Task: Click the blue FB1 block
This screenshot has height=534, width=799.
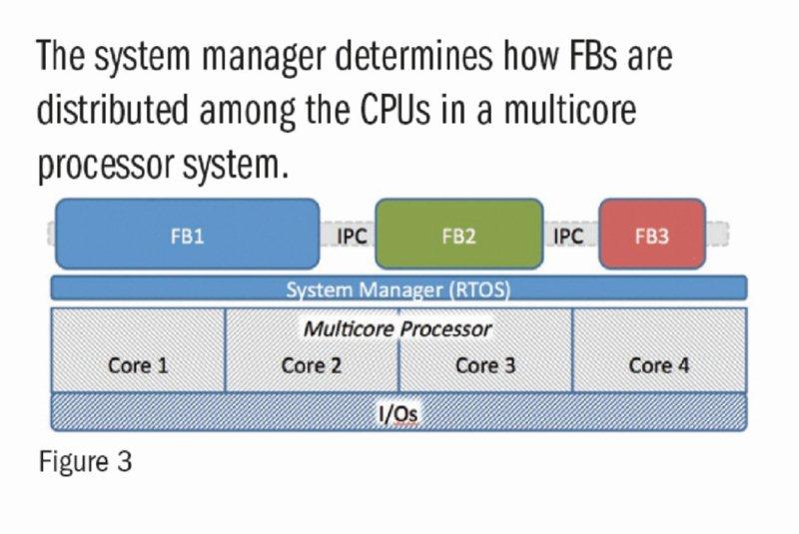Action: [x=187, y=235]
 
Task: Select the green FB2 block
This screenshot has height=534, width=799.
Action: [x=459, y=235]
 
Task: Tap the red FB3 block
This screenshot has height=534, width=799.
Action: [x=652, y=235]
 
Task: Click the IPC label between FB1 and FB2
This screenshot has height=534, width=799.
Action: [x=352, y=237]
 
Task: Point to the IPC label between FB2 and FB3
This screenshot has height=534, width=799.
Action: [x=568, y=237]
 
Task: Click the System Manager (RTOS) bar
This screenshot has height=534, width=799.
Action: [x=399, y=287]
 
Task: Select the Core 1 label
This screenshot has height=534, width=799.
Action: [x=138, y=365]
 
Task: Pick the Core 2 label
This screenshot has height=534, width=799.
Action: [x=312, y=365]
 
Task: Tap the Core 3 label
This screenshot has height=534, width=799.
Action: [x=485, y=365]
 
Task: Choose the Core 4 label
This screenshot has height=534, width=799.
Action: [x=659, y=365]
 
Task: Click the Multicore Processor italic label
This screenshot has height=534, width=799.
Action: [x=398, y=329]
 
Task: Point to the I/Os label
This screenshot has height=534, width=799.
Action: [x=399, y=413]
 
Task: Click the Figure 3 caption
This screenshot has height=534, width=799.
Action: [x=86, y=462]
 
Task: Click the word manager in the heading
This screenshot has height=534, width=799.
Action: [x=264, y=57]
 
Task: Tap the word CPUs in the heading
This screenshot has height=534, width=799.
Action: [x=396, y=110]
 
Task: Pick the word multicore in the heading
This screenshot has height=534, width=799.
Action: [x=570, y=110]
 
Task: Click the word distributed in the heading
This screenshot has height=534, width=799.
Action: [x=113, y=110]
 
